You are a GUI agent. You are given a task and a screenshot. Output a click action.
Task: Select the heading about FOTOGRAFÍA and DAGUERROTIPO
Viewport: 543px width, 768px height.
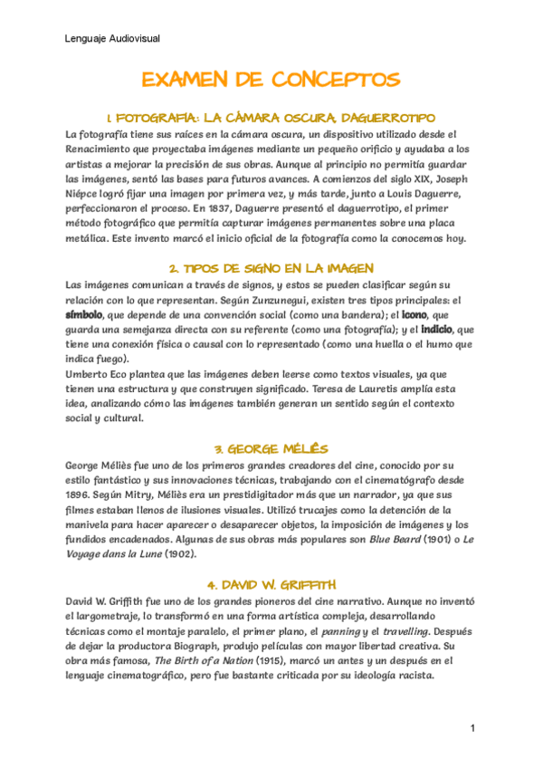(x=271, y=119)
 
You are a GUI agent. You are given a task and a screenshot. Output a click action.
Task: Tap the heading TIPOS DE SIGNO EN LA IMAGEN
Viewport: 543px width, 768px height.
(x=271, y=269)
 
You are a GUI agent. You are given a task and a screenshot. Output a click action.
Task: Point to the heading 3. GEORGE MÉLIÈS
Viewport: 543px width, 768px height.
(x=271, y=448)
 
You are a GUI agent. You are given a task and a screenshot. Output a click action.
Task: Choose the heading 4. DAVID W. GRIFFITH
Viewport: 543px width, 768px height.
(x=271, y=583)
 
